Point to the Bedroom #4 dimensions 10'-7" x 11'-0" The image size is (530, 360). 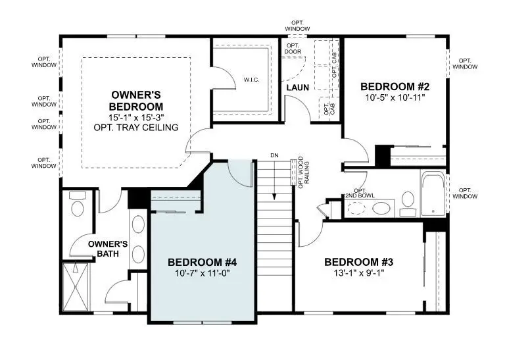[202, 272]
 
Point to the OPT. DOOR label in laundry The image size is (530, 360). [292, 49]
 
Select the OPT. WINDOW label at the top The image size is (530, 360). [298, 25]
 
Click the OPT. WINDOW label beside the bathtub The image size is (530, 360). [466, 192]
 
